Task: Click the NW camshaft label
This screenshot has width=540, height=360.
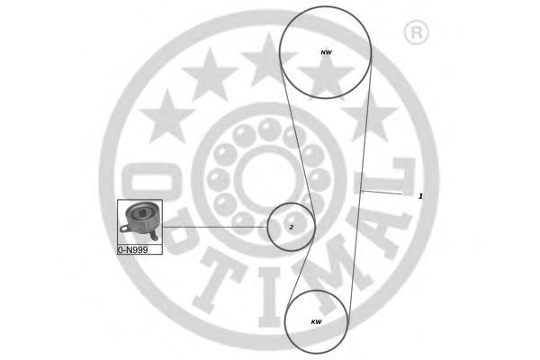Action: click(x=326, y=53)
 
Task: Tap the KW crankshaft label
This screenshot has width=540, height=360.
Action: click(x=316, y=322)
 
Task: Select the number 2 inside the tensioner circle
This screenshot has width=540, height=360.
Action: click(x=292, y=228)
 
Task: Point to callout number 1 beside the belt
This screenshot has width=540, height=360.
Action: click(x=420, y=196)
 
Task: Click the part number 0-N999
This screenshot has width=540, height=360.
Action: click(x=133, y=250)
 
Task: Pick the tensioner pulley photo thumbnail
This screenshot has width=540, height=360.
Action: click(x=139, y=222)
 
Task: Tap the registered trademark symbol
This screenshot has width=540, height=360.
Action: click(x=416, y=32)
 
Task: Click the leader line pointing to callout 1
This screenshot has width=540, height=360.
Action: click(x=382, y=193)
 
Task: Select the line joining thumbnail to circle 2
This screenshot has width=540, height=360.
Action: click(x=215, y=227)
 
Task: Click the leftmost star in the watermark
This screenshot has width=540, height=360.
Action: click(x=167, y=116)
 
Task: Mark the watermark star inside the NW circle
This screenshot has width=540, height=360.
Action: click(x=326, y=75)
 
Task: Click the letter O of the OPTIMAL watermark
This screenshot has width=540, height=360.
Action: click(x=152, y=182)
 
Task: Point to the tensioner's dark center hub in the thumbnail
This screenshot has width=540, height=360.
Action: click(x=141, y=213)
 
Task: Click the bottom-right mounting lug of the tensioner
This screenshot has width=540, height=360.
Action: click(x=154, y=237)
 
